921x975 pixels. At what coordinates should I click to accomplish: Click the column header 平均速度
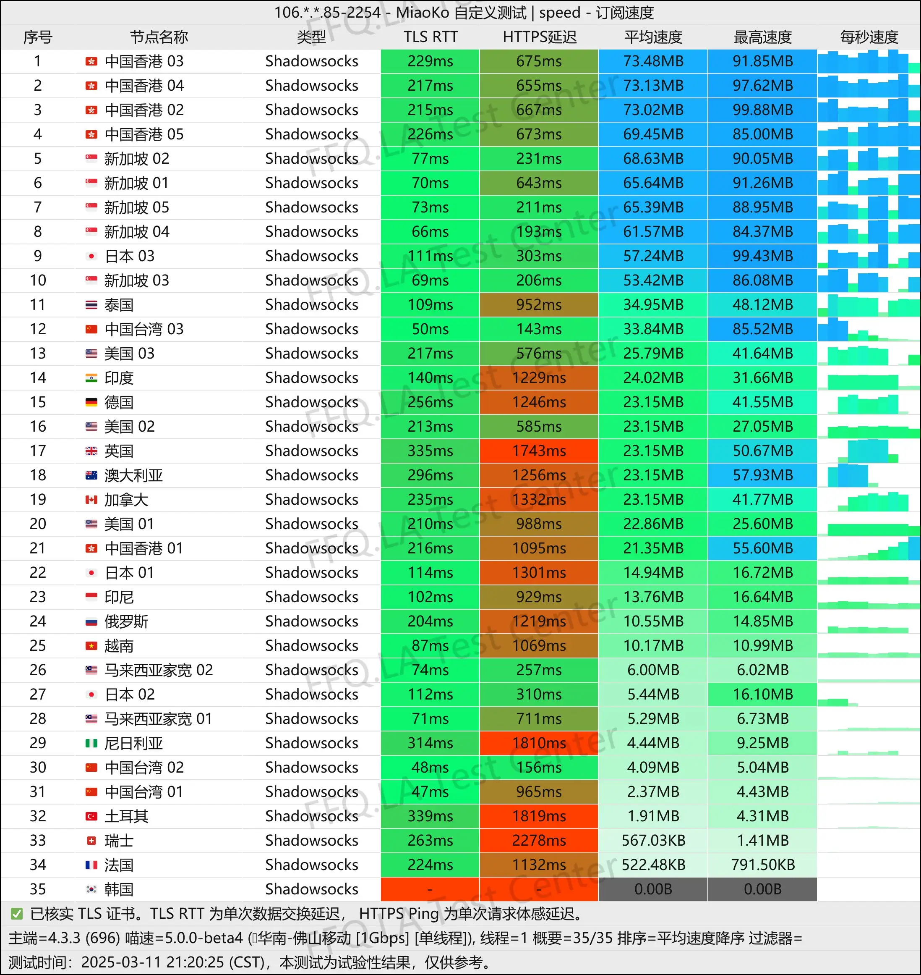click(653, 37)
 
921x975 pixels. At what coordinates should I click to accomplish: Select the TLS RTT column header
click(430, 37)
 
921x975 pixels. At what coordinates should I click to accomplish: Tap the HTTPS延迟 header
click(539, 37)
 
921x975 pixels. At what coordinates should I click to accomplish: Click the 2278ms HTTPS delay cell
click(539, 840)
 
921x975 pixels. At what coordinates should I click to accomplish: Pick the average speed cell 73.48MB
click(653, 61)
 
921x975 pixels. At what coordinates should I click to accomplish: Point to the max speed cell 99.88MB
click(762, 110)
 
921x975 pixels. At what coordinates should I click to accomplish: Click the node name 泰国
click(119, 305)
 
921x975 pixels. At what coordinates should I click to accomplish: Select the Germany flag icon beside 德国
click(91, 402)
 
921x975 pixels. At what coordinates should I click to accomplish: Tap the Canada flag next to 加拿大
click(91, 500)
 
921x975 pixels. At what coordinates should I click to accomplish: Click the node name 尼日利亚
click(133, 743)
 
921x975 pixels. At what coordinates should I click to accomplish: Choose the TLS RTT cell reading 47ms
click(430, 792)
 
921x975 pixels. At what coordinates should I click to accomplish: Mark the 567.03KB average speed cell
click(653, 840)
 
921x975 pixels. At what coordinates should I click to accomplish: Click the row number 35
click(38, 889)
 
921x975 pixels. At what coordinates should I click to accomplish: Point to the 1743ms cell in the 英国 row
click(539, 451)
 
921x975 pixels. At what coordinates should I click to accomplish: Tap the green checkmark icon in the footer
click(17, 914)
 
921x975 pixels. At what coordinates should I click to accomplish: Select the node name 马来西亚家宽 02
click(159, 670)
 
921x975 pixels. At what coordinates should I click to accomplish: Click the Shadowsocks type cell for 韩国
click(312, 889)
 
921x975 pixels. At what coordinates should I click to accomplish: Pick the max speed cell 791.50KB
click(762, 865)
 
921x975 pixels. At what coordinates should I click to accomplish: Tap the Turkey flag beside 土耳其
click(91, 816)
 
